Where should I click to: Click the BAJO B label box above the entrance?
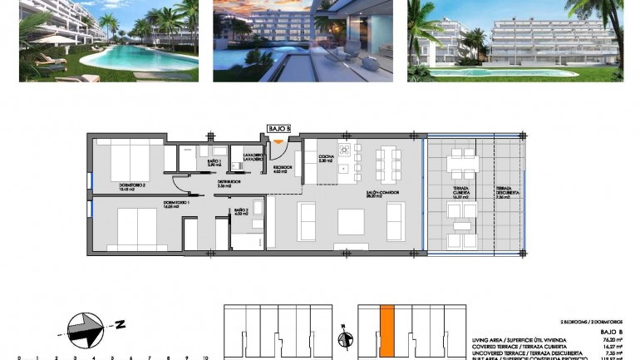[278, 128]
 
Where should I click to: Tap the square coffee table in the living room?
[351, 220]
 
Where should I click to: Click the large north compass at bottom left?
[87, 328]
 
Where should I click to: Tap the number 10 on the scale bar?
[204, 358]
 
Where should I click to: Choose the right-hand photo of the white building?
[514, 40]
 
